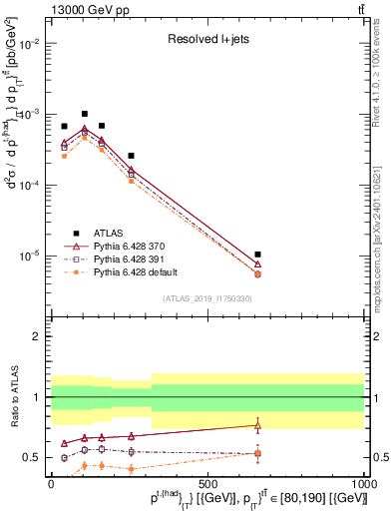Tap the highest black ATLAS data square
(85, 114)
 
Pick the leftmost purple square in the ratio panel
(65, 457)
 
